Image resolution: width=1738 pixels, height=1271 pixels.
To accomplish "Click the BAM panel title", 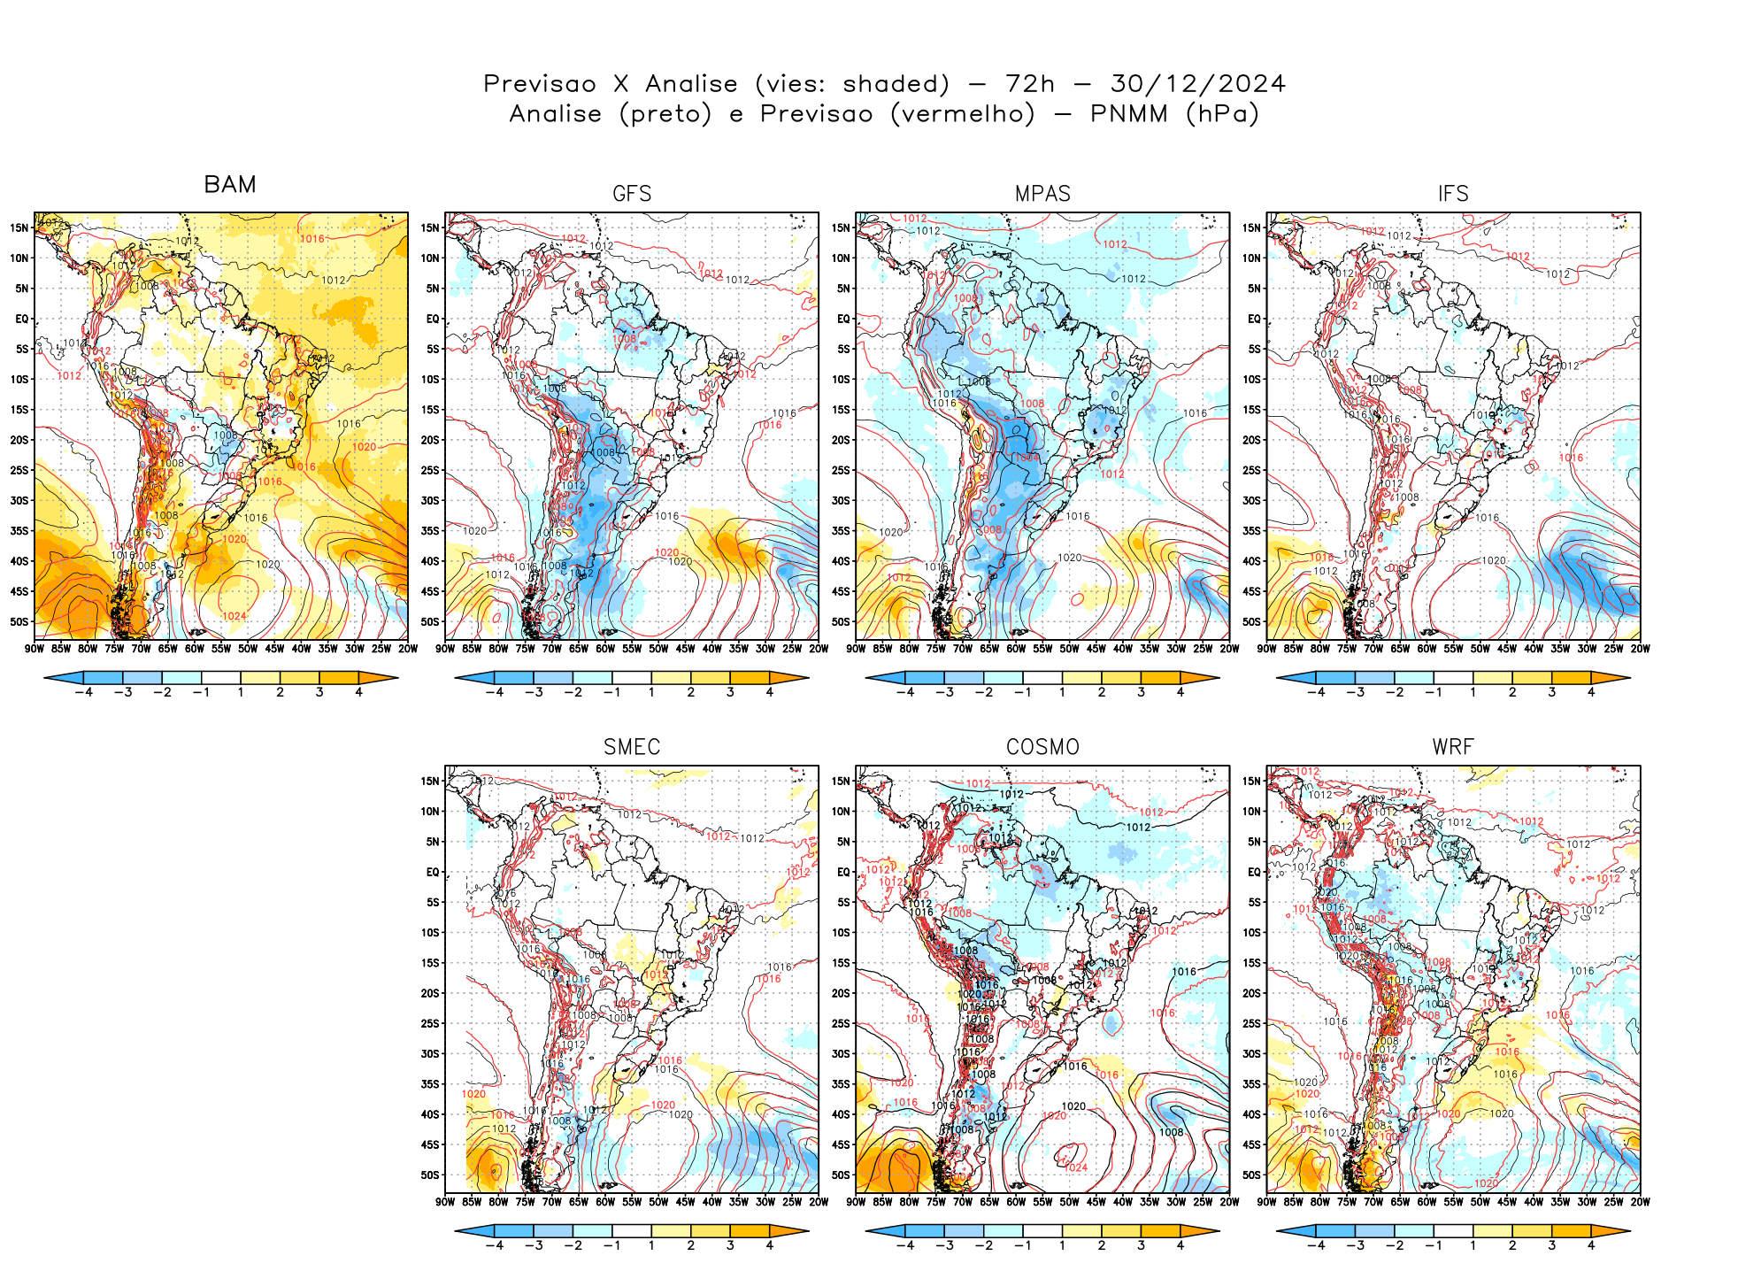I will point(230,184).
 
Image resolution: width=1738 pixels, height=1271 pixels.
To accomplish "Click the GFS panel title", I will point(632,194).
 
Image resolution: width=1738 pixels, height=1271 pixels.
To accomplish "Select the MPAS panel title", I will point(1042,194).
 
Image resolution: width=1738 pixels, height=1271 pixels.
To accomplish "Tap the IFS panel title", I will point(1453,194).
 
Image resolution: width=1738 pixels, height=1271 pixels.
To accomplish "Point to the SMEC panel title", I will point(632,747).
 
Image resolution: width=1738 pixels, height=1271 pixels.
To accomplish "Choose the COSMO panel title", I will point(1042,747).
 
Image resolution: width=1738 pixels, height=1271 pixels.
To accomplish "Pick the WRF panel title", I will point(1453,747).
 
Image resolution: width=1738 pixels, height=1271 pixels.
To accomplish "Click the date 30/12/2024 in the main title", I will point(1197,84).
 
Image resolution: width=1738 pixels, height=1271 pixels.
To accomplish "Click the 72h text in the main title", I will point(1030,84).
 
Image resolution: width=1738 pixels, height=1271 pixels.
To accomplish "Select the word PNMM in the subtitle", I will point(1129,114).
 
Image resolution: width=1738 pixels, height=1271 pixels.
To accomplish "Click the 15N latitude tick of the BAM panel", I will point(19,227).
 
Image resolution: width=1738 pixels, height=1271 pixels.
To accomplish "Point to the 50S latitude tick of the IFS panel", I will point(1251,621).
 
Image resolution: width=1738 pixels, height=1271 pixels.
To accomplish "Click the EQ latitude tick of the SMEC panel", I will point(433,872).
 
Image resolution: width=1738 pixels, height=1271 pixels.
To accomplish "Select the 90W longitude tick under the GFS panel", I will point(445,649).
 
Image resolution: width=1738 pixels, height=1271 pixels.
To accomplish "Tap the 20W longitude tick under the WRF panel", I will point(1640,1202).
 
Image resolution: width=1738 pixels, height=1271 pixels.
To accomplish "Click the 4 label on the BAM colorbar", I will point(358,692).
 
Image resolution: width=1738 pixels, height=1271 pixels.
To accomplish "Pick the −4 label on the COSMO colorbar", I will point(905,1245).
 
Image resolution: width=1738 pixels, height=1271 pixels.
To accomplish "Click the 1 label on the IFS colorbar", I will point(1473,692).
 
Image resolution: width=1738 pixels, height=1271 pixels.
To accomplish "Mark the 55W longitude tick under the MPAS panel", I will point(1042,649).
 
